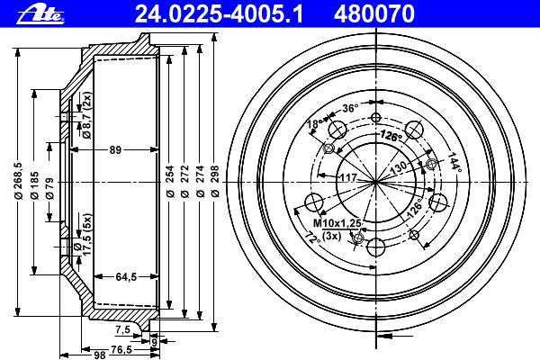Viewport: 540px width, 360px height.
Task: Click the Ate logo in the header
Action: [x=40, y=14]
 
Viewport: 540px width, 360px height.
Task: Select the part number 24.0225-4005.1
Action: [x=219, y=14]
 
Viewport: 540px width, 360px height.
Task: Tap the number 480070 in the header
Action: [x=374, y=14]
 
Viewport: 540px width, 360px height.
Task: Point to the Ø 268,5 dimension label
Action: [x=18, y=181]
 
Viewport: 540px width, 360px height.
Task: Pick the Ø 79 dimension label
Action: [x=49, y=188]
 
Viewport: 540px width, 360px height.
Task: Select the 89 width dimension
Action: [x=115, y=150]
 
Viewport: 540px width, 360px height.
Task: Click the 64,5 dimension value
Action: [x=126, y=276]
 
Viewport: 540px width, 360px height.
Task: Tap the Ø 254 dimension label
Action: [x=169, y=181]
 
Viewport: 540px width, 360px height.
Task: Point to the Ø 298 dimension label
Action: [x=214, y=181]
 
